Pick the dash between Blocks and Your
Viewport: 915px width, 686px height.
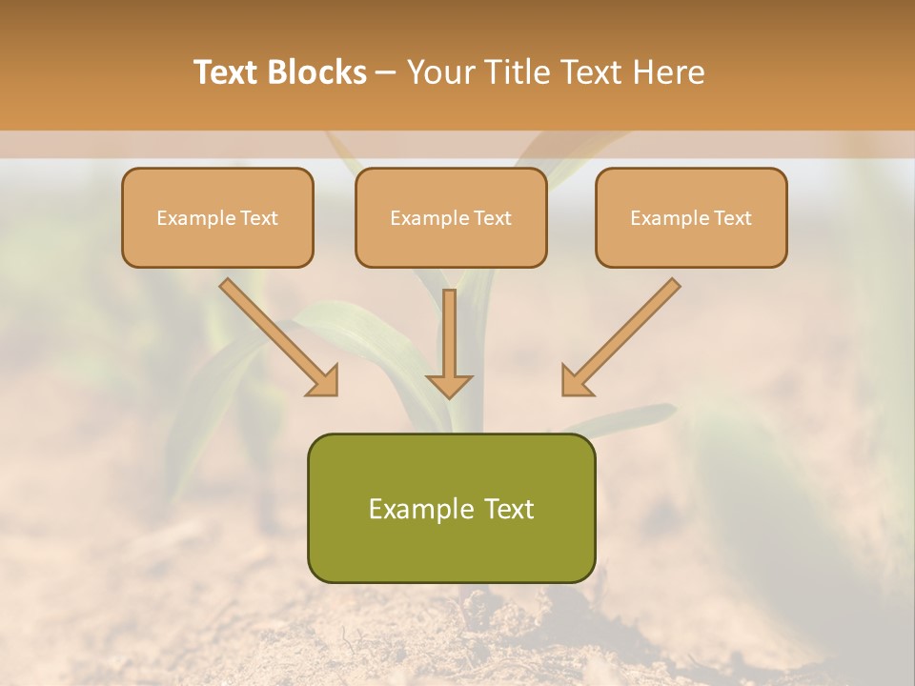(x=386, y=73)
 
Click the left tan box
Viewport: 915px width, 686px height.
(x=217, y=217)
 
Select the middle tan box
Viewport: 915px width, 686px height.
(x=451, y=217)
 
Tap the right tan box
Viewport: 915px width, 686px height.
(x=691, y=217)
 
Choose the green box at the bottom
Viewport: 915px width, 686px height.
(x=451, y=508)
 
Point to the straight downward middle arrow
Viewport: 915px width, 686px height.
(x=449, y=333)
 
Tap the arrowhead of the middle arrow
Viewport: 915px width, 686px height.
(x=449, y=384)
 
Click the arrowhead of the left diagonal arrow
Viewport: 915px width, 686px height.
(x=324, y=381)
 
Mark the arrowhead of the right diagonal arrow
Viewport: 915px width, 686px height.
(x=575, y=381)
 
